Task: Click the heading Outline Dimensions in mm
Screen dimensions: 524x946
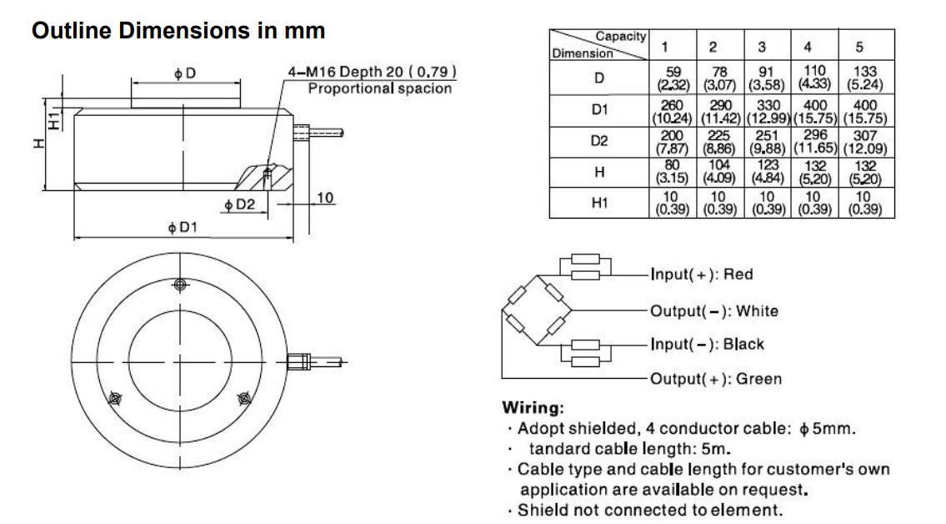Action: pyautogui.click(x=178, y=31)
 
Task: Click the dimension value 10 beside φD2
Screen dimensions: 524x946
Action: pyautogui.click(x=325, y=198)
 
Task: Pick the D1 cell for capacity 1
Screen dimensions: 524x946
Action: pyautogui.click(x=672, y=111)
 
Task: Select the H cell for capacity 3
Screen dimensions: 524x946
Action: pyautogui.click(x=766, y=172)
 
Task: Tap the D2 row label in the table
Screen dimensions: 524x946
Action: pyautogui.click(x=598, y=141)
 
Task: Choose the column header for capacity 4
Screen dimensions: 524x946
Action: pyautogui.click(x=807, y=46)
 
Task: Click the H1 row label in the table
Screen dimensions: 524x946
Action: pyautogui.click(x=598, y=203)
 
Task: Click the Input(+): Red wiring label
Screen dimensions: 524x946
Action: pyautogui.click(x=702, y=275)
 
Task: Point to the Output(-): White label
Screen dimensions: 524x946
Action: pyautogui.click(x=713, y=311)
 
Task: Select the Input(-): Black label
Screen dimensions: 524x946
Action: pyautogui.click(x=707, y=344)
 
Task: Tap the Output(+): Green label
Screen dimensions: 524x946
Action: pyautogui.click(x=716, y=379)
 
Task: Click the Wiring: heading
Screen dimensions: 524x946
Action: pyautogui.click(x=533, y=408)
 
